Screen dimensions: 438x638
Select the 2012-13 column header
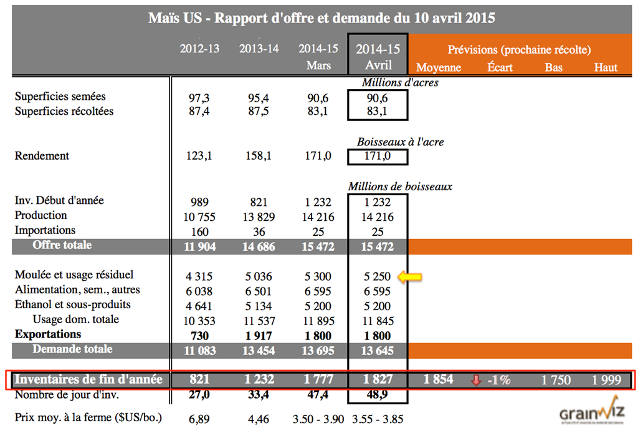(199, 49)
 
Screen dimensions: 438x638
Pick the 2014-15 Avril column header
(378, 57)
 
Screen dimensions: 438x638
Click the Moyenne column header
(438, 67)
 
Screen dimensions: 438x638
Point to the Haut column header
(605, 67)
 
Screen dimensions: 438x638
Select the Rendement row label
(42, 156)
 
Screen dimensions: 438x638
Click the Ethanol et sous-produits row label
(73, 305)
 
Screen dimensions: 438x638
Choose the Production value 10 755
(199, 217)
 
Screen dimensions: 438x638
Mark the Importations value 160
(199, 231)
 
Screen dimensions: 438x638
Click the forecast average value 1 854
(438, 379)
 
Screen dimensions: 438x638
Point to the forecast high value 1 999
(605, 380)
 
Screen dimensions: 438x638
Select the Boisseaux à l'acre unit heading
(400, 142)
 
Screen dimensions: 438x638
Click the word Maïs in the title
(164, 18)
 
